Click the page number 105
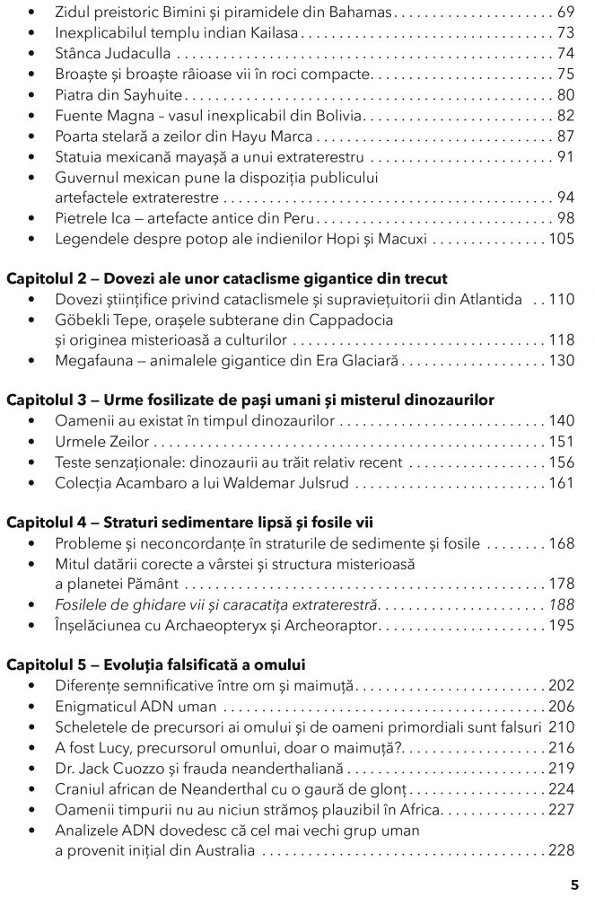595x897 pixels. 561,239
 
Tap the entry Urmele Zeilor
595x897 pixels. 102,442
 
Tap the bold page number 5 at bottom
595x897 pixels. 574,883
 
